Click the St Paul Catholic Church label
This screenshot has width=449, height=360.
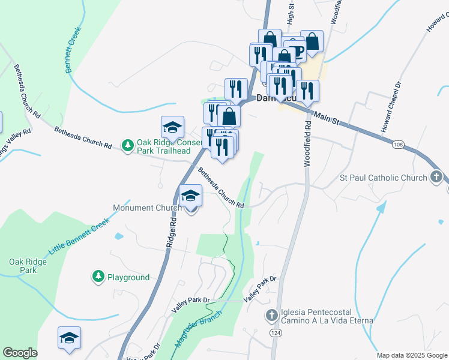click(x=383, y=178)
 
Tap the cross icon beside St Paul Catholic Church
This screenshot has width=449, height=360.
click(x=436, y=177)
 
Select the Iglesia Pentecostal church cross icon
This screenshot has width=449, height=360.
click(x=271, y=314)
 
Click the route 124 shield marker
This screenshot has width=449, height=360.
click(x=276, y=332)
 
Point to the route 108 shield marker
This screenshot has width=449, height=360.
click(x=398, y=145)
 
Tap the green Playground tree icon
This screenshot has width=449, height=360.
click(x=98, y=277)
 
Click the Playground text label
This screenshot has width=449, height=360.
click(x=128, y=277)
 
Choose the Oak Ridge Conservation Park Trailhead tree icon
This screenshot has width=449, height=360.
click(x=127, y=145)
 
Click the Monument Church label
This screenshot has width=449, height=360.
click(x=147, y=208)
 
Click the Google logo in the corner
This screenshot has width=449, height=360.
click(x=20, y=353)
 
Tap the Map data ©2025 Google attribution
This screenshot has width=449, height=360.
click(x=412, y=355)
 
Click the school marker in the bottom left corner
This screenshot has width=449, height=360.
click(x=69, y=338)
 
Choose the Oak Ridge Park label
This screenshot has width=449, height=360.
click(x=23, y=266)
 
